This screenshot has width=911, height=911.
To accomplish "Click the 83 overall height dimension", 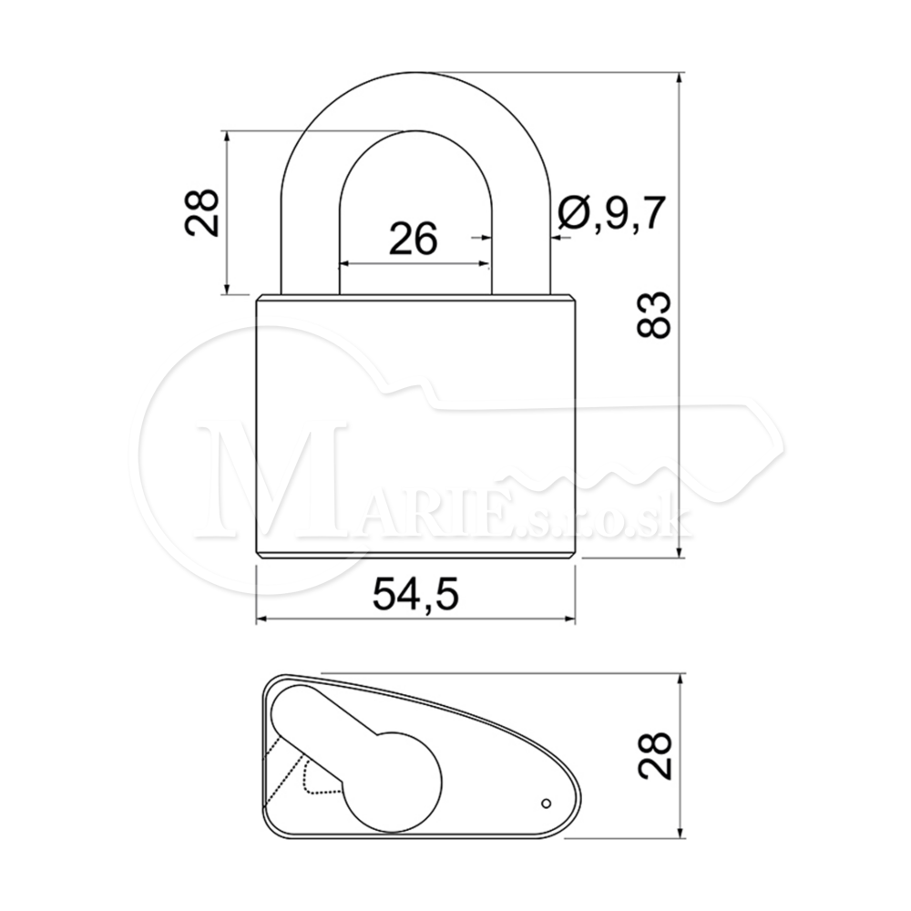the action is click(654, 314).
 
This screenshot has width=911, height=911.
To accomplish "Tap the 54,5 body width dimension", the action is click(415, 593).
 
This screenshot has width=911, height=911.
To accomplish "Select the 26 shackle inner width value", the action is click(413, 238).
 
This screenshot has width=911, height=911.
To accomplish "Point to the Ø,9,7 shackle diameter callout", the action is click(610, 214).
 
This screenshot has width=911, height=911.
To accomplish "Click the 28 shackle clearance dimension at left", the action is click(201, 212).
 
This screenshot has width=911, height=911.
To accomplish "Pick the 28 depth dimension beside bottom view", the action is click(654, 754).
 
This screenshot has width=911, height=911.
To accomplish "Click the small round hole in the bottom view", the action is click(546, 803).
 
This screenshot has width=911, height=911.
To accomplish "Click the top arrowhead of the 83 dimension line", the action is click(680, 79).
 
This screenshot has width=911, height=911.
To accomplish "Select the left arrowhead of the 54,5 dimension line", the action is click(263, 619).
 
